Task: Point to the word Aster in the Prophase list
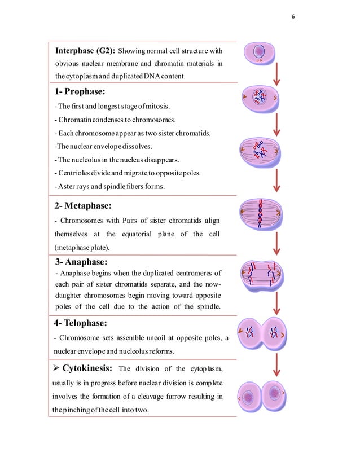pos(67,187)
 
